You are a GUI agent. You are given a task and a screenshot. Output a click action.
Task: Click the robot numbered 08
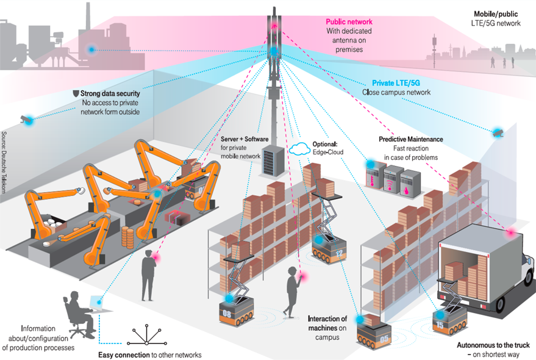click(x=236, y=310)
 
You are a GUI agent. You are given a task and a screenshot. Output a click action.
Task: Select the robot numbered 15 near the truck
click(x=449, y=321)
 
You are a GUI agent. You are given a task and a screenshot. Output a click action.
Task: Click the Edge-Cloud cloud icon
click(x=299, y=148)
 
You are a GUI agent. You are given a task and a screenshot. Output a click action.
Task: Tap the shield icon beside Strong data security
click(x=76, y=93)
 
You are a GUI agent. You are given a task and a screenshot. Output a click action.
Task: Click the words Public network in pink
click(x=349, y=22)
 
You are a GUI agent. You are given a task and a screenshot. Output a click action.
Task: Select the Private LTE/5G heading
click(x=396, y=83)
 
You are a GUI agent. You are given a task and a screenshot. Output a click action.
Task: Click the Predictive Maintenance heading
click(x=410, y=139)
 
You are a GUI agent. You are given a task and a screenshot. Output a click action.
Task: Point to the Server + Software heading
click(x=245, y=139)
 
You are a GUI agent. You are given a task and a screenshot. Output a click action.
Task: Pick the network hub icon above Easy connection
click(x=146, y=334)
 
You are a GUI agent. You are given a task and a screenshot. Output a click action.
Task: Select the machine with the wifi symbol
click(x=393, y=180)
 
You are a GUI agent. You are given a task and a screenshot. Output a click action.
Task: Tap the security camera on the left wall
click(x=26, y=119)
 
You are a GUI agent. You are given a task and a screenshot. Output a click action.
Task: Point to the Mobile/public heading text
click(x=496, y=14)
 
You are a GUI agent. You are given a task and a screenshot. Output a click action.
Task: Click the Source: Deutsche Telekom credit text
click(x=4, y=162)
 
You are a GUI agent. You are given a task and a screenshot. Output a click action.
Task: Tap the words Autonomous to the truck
click(x=493, y=345)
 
